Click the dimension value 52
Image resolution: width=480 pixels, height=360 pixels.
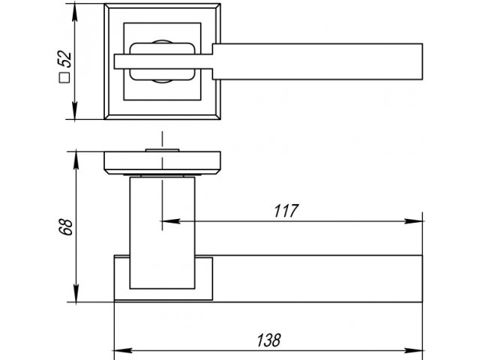(x=64, y=58)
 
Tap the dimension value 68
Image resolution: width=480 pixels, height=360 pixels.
(x=66, y=226)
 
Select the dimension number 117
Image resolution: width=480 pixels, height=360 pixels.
(x=286, y=211)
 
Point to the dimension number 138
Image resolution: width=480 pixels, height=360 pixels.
(x=268, y=340)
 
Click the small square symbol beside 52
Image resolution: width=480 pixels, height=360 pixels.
(x=64, y=78)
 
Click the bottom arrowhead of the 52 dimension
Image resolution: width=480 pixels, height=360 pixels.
(x=75, y=110)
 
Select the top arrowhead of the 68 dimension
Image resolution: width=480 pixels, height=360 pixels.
(x=76, y=160)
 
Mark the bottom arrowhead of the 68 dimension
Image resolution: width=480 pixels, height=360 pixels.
(x=76, y=293)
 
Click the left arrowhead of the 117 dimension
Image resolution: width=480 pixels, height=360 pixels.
(x=170, y=221)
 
